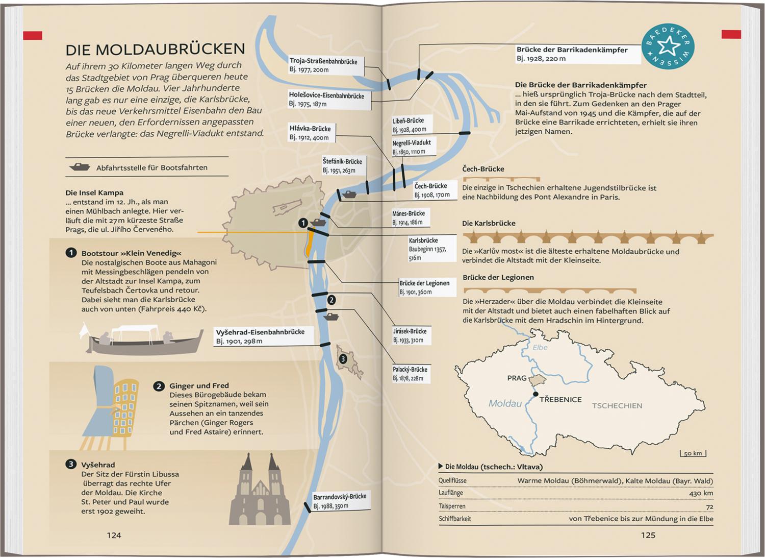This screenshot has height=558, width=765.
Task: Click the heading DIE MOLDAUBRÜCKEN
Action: (155, 49)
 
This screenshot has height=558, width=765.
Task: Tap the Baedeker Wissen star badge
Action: (668, 46)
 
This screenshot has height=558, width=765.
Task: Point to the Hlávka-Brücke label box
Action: (312, 133)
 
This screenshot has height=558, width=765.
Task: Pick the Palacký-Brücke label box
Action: (411, 374)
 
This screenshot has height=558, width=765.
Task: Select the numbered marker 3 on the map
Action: (343, 359)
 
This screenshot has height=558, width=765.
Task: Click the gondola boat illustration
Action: (143, 338)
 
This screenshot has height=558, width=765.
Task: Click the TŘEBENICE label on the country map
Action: (560, 399)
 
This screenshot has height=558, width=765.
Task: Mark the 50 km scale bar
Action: (693, 453)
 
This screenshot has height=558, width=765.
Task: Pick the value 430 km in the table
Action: (701, 493)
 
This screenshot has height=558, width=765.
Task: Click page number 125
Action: (648, 535)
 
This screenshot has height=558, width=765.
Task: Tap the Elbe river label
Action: (540, 347)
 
